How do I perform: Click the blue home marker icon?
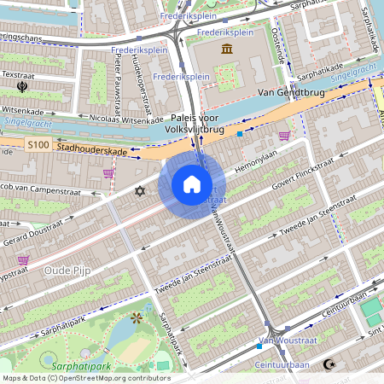coord(192,184)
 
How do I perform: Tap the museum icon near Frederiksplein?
coord(228,50)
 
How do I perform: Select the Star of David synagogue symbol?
coord(139,191)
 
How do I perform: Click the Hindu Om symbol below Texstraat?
coord(22,86)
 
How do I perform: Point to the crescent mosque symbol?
coord(329,364)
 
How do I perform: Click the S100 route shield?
coord(38,146)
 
